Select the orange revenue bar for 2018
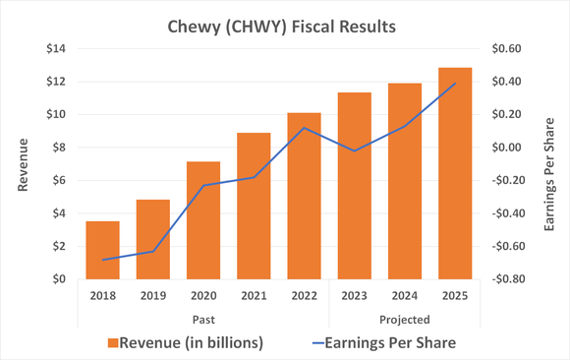pos(103,250)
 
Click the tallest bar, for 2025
pos(455,173)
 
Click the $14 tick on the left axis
pos(54,49)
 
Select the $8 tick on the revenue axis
pos(57,148)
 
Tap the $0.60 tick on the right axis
pos(508,49)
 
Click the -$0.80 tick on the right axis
pos(506,279)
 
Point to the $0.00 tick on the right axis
pos(508,148)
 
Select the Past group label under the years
pos(203,319)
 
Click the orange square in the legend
pos(114,342)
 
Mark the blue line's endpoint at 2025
pos(455,84)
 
